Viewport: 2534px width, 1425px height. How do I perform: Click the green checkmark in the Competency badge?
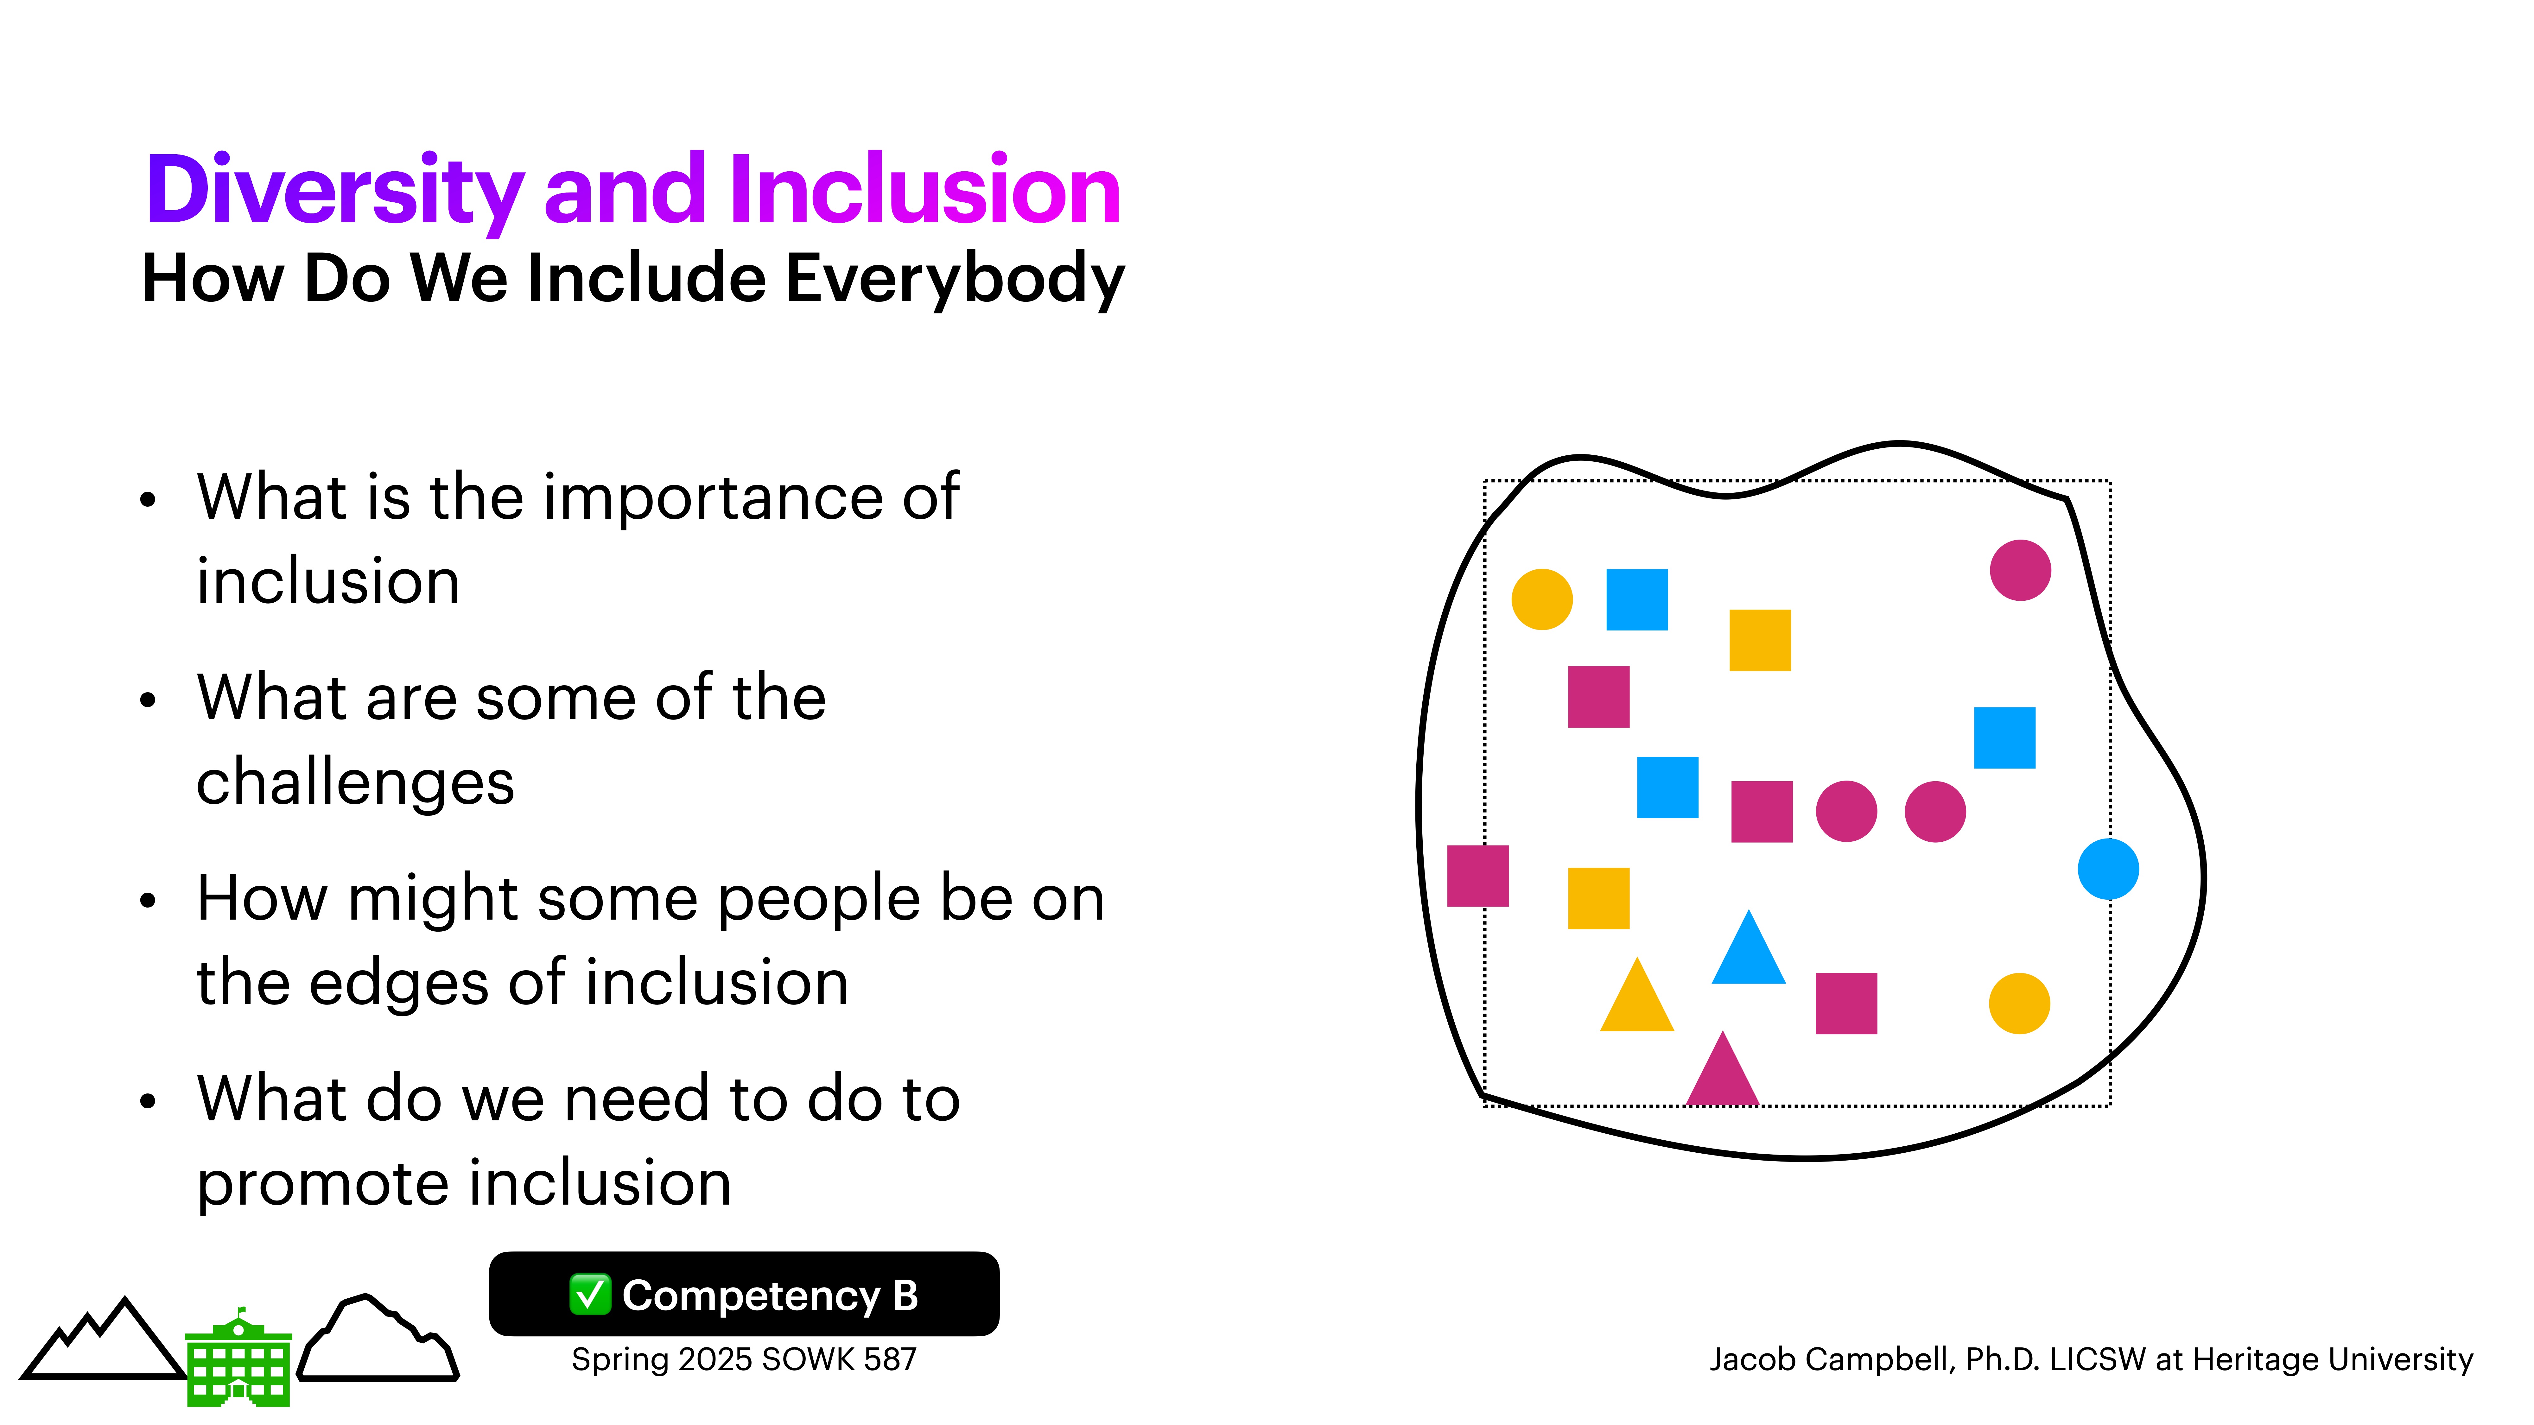point(590,1294)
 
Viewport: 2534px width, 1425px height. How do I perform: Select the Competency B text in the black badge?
point(770,1295)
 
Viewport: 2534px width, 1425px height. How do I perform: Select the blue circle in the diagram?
point(2108,869)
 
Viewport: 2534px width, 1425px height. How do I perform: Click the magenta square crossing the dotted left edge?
point(1477,875)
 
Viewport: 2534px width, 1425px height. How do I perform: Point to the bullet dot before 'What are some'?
point(148,700)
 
